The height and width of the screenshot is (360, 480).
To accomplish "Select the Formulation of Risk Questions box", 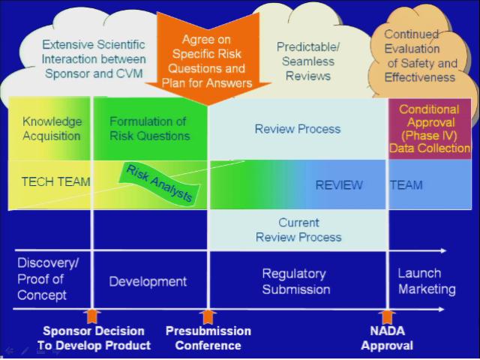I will [x=149, y=128].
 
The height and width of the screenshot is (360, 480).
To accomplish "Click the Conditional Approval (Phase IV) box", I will [x=429, y=129].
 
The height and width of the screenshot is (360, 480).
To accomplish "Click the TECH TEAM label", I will [x=55, y=182].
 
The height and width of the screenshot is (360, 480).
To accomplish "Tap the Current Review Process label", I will [x=298, y=229].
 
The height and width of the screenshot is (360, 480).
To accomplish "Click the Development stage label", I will [x=148, y=281].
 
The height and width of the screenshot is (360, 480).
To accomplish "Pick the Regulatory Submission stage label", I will [x=295, y=281].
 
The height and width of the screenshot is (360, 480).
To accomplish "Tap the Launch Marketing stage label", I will [x=426, y=281].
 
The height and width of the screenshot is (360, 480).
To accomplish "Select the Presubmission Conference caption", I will [x=208, y=338].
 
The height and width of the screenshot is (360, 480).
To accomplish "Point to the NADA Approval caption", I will [x=387, y=338].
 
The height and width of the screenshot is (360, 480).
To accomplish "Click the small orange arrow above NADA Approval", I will [x=387, y=316].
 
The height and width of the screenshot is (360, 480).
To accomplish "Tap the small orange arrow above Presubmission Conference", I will [x=208, y=316].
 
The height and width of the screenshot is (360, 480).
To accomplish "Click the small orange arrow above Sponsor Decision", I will [x=92, y=316].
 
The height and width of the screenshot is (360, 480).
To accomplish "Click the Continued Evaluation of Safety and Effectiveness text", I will [x=420, y=55].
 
